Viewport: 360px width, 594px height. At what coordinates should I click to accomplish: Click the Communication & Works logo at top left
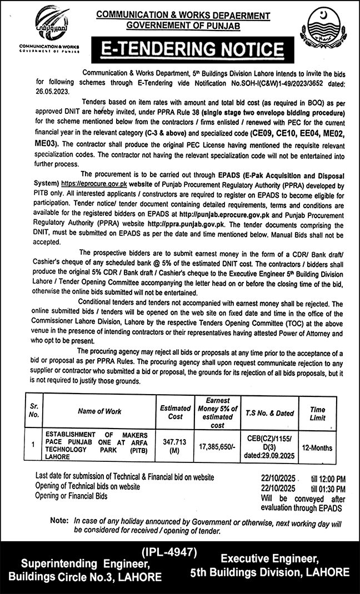pos(49,28)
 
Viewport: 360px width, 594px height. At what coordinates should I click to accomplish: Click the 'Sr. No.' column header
pos(33,411)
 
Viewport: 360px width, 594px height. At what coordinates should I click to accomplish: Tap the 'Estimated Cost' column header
pos(176,411)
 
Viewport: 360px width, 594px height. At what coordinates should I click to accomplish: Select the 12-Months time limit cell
pos(318,444)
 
